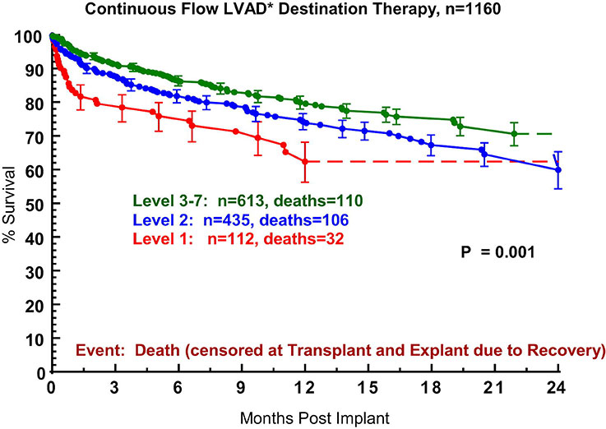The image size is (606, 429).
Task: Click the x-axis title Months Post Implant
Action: [304, 417]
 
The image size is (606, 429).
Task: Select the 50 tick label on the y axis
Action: [32, 204]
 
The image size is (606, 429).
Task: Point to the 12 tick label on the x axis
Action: [304, 388]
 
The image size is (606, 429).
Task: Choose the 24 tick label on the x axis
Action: [557, 388]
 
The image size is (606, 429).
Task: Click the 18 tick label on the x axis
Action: [431, 388]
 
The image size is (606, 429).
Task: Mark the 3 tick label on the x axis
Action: [114, 388]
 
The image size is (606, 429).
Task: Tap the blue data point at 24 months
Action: [557, 170]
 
